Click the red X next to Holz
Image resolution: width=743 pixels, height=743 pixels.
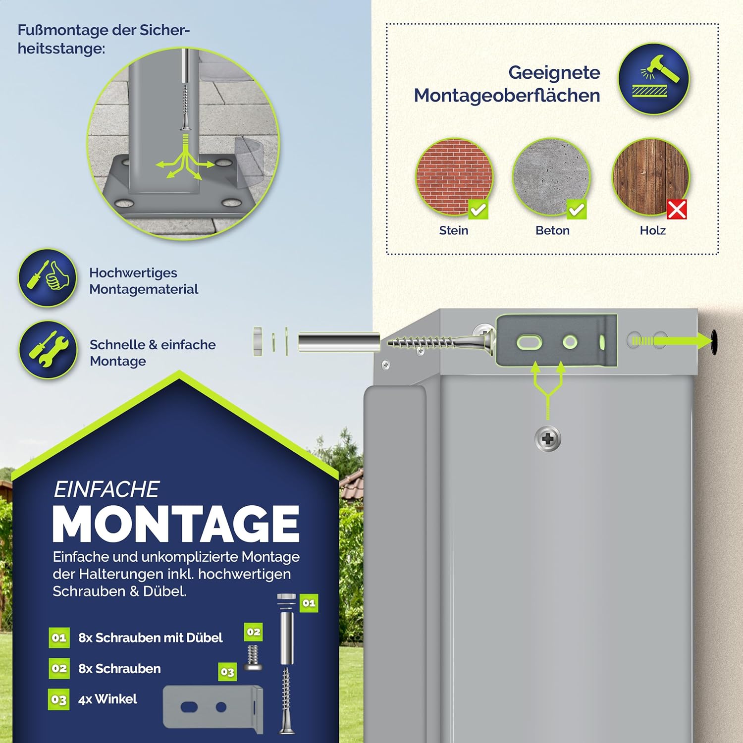677,210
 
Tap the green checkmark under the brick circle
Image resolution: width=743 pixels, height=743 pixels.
478,210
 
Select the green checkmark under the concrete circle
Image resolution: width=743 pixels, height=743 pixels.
577,210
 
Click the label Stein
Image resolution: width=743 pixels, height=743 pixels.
453,230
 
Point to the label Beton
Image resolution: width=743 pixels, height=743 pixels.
552,230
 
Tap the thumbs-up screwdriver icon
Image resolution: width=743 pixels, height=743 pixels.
48,277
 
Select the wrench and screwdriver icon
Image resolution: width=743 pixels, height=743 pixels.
48,350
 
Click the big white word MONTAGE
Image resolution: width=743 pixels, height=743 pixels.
176,524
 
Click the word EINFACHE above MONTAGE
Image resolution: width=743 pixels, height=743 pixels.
106,489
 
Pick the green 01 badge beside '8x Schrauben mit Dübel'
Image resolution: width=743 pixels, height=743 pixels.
59,637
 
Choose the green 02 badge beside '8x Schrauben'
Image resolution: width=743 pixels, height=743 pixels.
59,668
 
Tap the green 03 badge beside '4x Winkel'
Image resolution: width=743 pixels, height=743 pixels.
59,699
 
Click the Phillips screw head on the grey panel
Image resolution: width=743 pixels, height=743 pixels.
548,439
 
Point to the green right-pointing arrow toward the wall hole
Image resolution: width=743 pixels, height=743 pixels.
671,340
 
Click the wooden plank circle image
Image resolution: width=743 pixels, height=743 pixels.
651,177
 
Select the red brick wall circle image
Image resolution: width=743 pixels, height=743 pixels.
454,177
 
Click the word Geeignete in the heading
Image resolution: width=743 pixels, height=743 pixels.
554,72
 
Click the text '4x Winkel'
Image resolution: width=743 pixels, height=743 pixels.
107,699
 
